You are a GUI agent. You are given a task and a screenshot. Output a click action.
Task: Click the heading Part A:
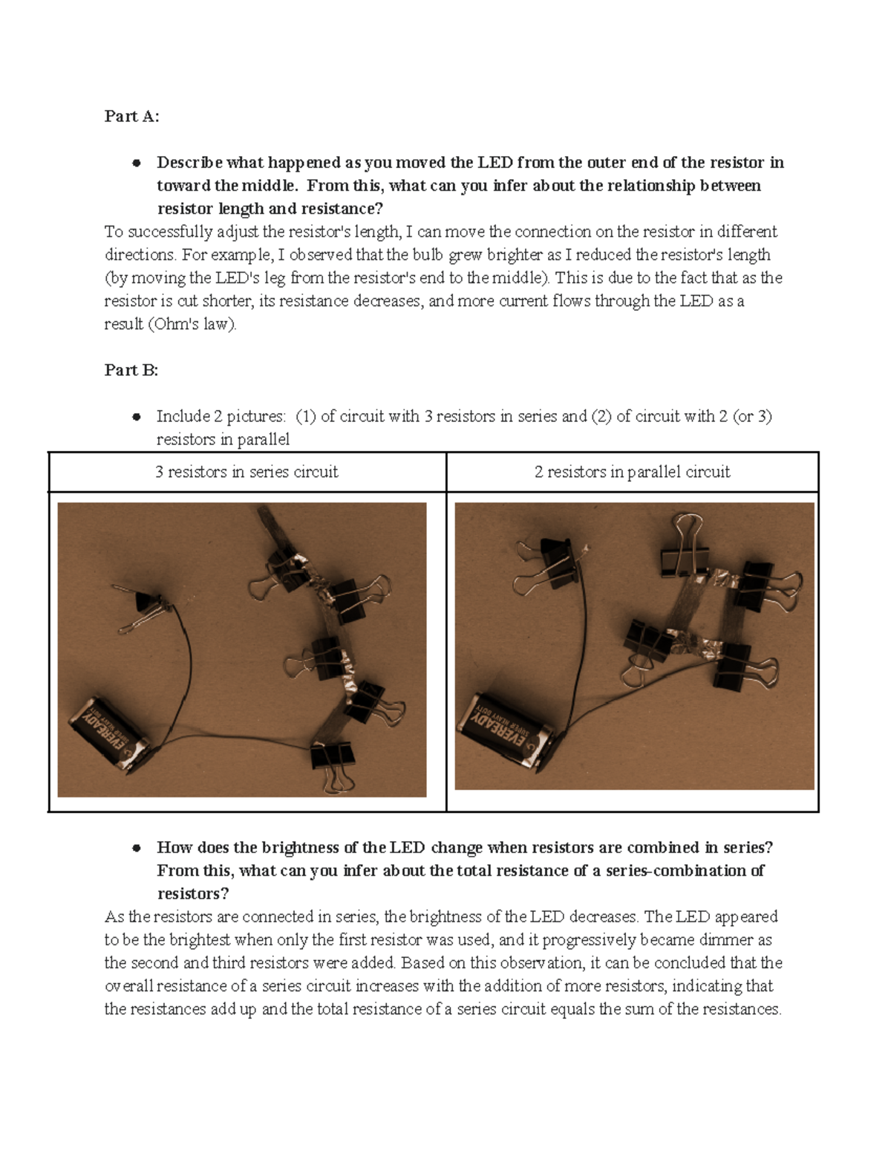click(x=131, y=116)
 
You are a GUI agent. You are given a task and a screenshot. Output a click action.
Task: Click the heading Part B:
click(x=131, y=370)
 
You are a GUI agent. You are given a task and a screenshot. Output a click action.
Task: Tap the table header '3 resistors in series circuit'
click(x=247, y=472)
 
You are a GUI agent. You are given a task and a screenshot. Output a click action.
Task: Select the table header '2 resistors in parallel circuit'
click(x=632, y=472)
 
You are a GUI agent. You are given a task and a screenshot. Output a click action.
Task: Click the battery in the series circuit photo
click(x=109, y=734)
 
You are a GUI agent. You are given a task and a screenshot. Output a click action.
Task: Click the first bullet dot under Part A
click(x=136, y=163)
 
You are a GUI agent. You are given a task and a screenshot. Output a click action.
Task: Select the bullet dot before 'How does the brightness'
click(x=136, y=848)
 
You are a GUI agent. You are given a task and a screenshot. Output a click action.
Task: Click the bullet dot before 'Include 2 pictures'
click(x=136, y=417)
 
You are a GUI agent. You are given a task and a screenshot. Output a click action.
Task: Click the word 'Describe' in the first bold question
click(x=189, y=163)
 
